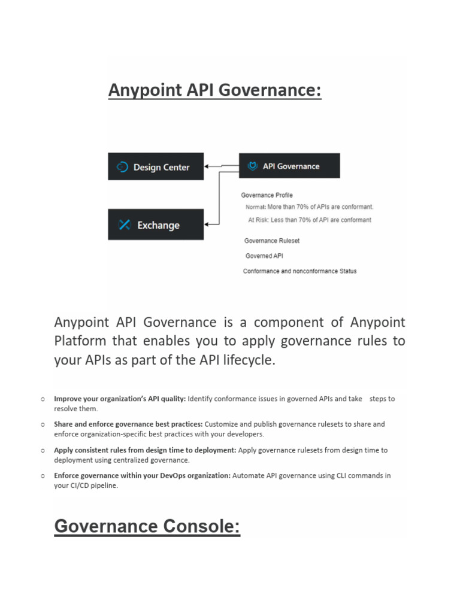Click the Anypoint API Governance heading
214,91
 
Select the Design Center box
156,167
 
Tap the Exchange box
156,225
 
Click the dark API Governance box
289,166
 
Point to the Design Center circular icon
123,167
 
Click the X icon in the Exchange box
125,225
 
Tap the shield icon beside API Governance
252,166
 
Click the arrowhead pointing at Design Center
207,166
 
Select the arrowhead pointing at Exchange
207,224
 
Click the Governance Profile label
267,195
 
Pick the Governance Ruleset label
272,241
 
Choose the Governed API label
264,256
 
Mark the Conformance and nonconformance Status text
299,271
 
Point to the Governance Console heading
147,527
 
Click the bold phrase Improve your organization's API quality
120,399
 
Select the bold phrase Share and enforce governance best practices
128,424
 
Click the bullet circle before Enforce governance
43,476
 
